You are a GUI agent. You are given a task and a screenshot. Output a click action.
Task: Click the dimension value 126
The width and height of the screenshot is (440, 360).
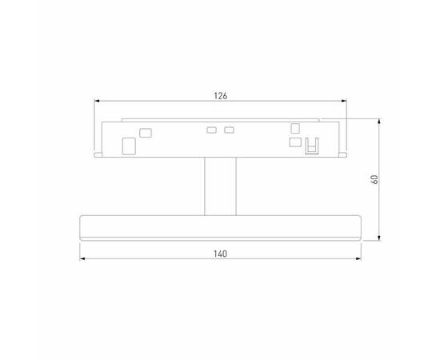[x=221, y=96]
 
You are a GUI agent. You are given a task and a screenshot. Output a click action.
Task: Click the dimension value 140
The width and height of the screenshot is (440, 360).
[x=221, y=254]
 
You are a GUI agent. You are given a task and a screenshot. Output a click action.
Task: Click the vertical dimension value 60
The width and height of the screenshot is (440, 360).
[x=374, y=179]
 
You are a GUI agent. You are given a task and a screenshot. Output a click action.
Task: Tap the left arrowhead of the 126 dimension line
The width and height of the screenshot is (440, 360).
[x=98, y=102]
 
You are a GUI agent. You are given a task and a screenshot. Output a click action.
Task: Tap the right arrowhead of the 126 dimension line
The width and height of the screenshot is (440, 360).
[x=344, y=102]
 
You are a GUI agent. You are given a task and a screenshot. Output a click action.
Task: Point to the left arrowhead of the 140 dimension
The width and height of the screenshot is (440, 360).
[x=82, y=259]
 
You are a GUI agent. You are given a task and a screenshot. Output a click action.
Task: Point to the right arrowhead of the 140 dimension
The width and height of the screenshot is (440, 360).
[x=360, y=259]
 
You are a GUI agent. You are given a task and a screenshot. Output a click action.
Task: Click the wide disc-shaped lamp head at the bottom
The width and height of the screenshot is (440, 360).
[x=221, y=226]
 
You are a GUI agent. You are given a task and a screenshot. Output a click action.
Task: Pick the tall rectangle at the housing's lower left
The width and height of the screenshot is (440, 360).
[x=128, y=146]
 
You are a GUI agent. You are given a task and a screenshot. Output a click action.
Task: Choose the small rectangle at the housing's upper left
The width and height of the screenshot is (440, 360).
[x=145, y=133]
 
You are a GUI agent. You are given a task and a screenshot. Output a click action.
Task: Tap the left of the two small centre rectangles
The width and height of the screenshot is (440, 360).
[x=212, y=130]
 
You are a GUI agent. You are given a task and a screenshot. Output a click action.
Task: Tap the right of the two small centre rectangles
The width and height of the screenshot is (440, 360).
[x=230, y=130]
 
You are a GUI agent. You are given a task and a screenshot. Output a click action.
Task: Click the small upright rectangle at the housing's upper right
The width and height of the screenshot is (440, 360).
[x=295, y=127]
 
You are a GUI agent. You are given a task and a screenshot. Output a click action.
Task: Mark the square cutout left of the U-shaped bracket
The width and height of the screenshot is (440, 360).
[x=295, y=142]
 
